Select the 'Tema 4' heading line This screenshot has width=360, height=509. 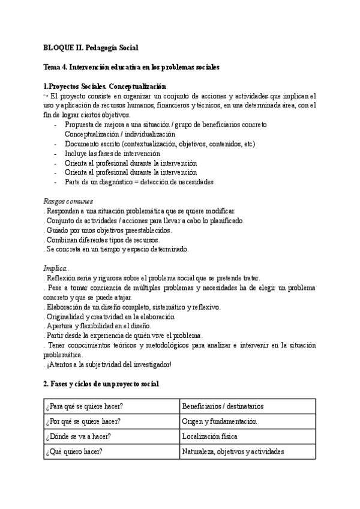[131, 67]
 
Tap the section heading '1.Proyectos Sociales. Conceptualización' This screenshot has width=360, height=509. [105, 86]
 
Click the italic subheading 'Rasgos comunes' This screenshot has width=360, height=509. [68, 201]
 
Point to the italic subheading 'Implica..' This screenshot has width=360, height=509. [57, 268]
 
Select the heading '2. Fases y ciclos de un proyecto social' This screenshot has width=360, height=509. [101, 383]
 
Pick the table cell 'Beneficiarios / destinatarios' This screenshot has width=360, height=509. [223, 406]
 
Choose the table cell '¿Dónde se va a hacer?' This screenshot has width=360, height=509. [78, 436]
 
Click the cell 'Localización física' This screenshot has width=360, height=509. [209, 436]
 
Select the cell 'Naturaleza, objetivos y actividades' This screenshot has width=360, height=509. [233, 451]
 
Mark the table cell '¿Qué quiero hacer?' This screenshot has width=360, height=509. [74, 451]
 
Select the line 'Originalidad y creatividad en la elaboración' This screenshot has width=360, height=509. [110, 316]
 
